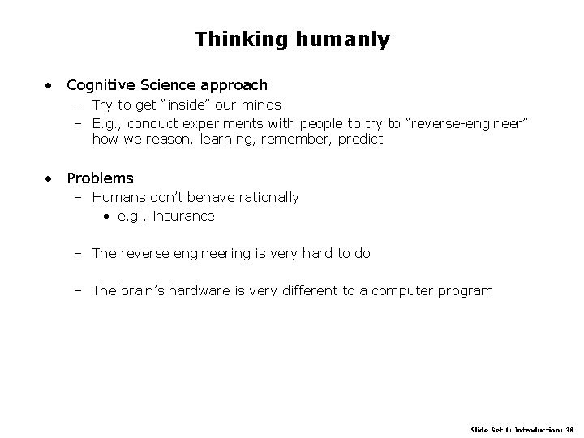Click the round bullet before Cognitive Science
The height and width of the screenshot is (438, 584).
(50, 85)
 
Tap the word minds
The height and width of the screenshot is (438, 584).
(261, 105)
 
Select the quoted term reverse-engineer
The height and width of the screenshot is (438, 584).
(466, 122)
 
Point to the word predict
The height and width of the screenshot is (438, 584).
(357, 140)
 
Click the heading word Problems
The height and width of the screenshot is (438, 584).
(100, 178)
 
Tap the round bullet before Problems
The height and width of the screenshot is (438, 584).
(50, 178)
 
